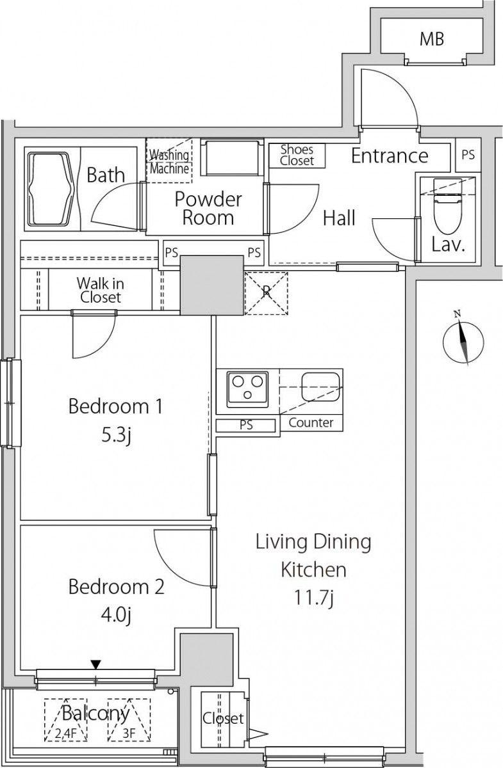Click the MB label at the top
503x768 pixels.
[x=432, y=39]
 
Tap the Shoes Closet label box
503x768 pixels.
[x=297, y=156]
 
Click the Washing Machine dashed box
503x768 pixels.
[x=169, y=161]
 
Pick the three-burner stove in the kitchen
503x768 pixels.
[x=247, y=389]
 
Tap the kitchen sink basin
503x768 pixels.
[x=320, y=387]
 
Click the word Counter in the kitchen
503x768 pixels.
[x=311, y=423]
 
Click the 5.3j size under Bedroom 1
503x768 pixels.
[x=116, y=436]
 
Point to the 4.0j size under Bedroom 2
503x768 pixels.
[x=116, y=616]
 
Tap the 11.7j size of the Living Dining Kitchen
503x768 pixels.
[x=313, y=598]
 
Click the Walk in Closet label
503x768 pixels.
[x=100, y=290]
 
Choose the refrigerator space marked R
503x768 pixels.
[x=267, y=293]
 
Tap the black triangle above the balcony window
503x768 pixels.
[x=95, y=664]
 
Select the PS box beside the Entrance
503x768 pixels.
[x=468, y=155]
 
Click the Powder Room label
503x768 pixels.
[x=208, y=209]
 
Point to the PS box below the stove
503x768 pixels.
[x=246, y=426]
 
